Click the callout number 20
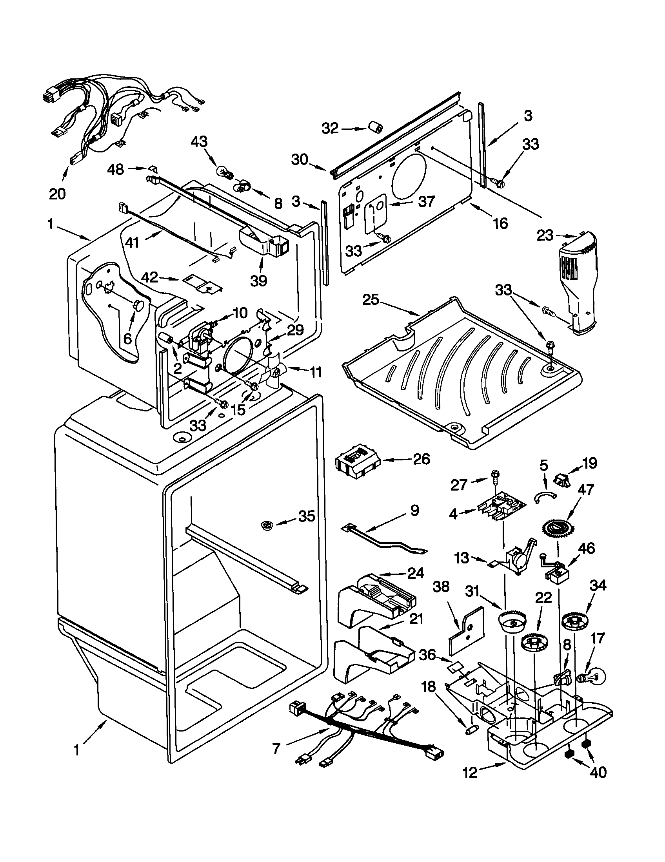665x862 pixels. point(57,194)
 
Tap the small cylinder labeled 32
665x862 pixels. point(376,128)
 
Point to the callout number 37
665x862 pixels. point(426,201)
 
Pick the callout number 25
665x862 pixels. point(372,300)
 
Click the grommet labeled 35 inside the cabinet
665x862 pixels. point(268,525)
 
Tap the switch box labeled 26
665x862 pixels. point(356,462)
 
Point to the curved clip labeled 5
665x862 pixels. point(544,496)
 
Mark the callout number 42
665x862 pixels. point(151,278)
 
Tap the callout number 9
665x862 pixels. point(414,510)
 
